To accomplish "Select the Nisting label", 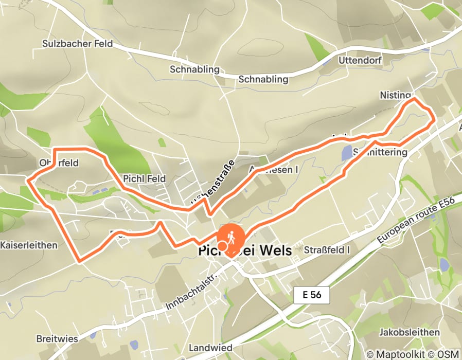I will pos(395,95).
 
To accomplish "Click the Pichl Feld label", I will pos(144,178).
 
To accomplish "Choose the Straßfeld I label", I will pos(327,250).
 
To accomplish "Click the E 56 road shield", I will pos(312,295).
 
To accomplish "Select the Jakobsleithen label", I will pos(410,332).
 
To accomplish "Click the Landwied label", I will pos(209,347).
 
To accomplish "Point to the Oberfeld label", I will pos(59,163).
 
